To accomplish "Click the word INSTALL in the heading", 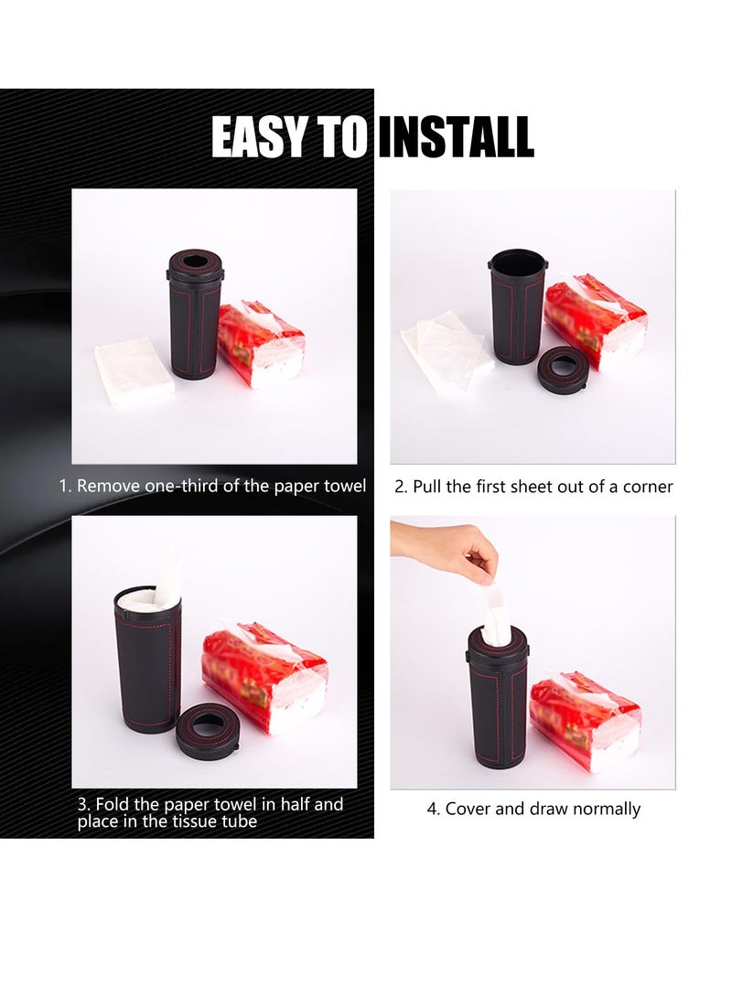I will click(x=455, y=138).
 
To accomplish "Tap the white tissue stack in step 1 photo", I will click(x=134, y=370).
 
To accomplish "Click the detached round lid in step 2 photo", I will click(x=563, y=370).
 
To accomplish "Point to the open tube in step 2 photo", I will click(x=518, y=306).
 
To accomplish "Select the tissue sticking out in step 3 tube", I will click(x=167, y=574).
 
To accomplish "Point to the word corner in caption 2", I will click(x=648, y=487).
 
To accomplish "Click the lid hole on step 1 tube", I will click(x=195, y=263).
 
